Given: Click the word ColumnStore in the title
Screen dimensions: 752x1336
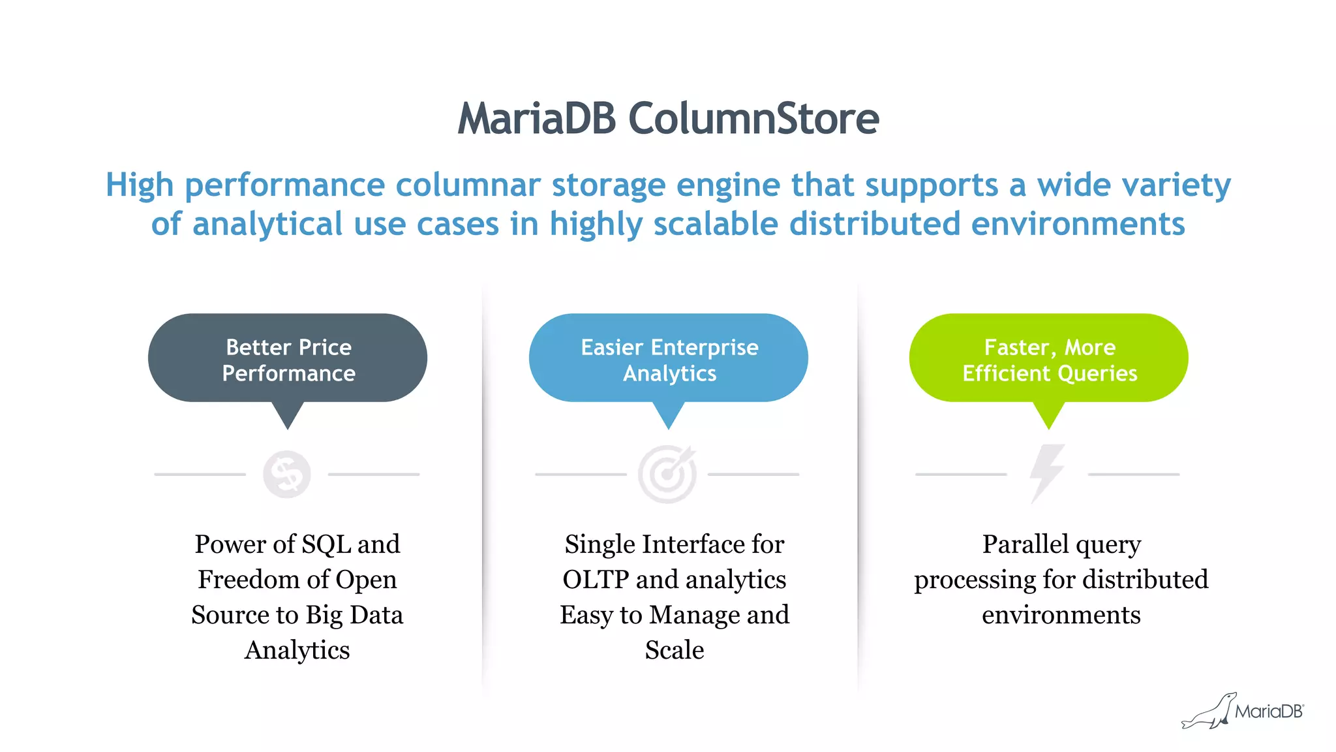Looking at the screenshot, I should tap(753, 119).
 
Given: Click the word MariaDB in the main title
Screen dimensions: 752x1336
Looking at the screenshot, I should tap(536, 119).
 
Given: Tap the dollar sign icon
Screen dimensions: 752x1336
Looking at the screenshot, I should tap(287, 475).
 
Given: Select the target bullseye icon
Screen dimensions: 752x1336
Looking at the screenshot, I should tap(667, 475).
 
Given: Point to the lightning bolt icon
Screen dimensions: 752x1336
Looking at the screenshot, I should tap(1046, 473).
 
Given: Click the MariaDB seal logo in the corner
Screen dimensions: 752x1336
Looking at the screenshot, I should tap(1243, 712).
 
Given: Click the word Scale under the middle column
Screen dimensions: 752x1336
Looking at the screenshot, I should tap(675, 650).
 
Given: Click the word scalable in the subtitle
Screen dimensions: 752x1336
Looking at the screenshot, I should tap(716, 225).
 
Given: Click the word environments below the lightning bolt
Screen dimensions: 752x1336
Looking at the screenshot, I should tap(1061, 615).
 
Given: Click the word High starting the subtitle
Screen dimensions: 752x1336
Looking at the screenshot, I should tap(140, 185).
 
